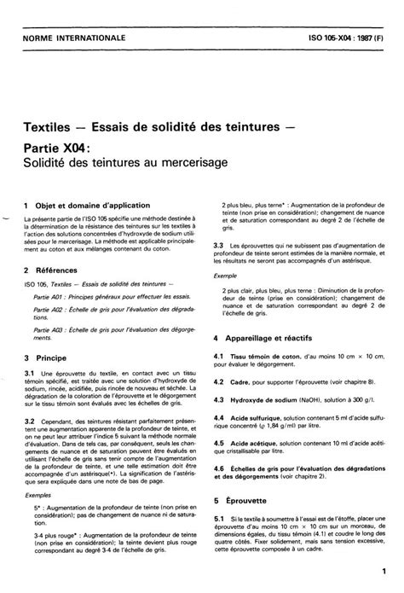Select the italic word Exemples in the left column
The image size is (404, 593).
point(38,494)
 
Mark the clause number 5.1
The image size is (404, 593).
point(218,519)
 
